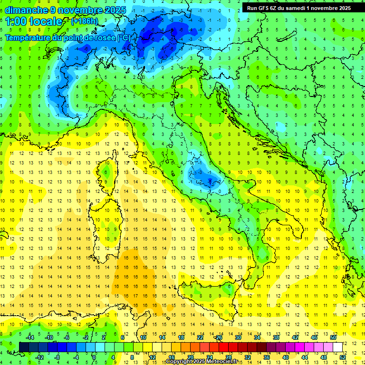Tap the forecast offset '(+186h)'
[85, 21]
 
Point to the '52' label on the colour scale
[342, 357]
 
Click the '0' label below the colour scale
[95, 357]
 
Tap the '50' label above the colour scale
[333, 337]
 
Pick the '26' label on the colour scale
[219, 337]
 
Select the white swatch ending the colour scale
[337, 347]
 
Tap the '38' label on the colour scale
[276, 337]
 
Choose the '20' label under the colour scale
[190, 357]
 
